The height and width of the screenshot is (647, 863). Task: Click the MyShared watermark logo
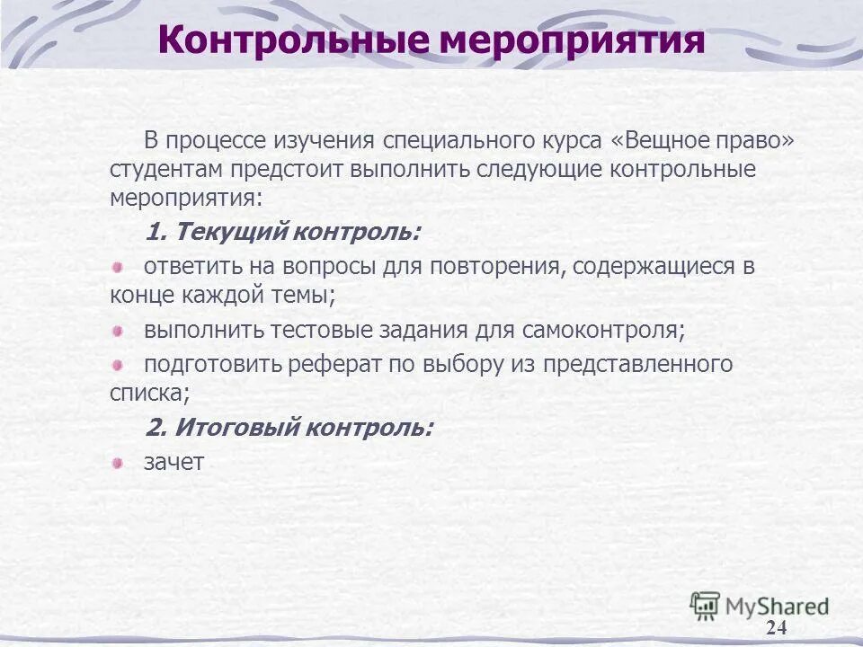point(760,607)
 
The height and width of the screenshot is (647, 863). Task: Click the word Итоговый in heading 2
point(236,427)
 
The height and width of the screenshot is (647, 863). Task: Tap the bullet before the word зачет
point(118,463)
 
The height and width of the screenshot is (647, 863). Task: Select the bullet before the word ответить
point(118,266)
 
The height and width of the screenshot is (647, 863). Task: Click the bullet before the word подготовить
point(118,364)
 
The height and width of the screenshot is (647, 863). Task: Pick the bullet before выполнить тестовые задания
point(118,331)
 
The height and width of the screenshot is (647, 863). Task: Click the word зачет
point(173,463)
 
